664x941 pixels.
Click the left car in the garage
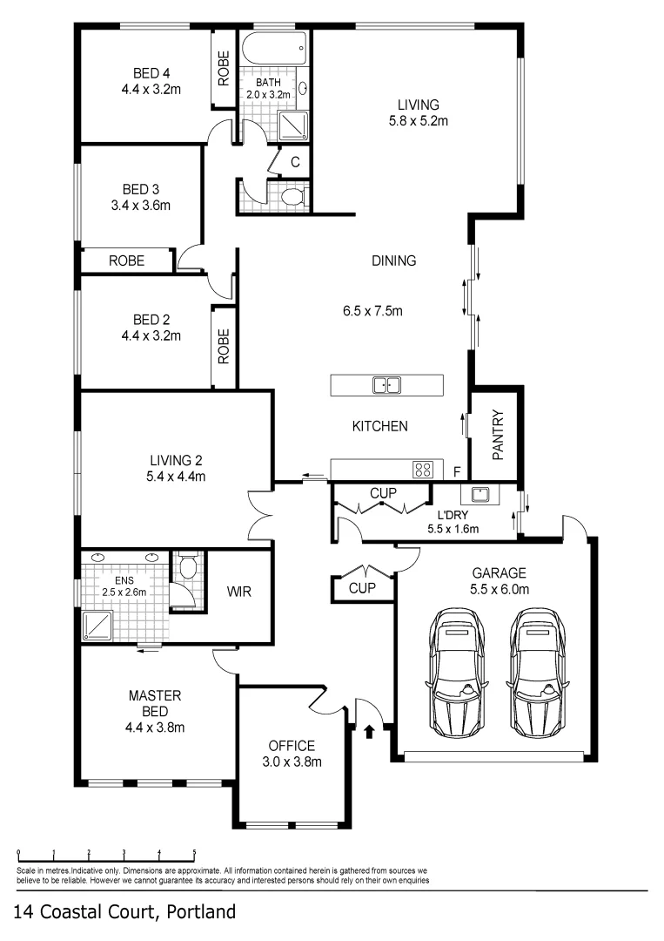click(x=458, y=673)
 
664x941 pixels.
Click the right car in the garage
click(x=534, y=673)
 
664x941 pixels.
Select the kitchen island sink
click(x=386, y=385)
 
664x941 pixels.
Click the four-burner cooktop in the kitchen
click(x=424, y=470)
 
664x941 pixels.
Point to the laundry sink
click(x=480, y=496)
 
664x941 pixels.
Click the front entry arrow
click(x=369, y=731)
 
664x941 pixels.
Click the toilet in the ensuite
click(x=186, y=571)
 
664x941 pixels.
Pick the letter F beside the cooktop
click(x=457, y=472)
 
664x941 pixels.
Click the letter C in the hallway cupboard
click(x=295, y=161)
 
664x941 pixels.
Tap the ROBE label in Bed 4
click(x=225, y=69)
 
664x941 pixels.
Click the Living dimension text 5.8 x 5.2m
click(x=418, y=121)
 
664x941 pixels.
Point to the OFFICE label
click(x=292, y=746)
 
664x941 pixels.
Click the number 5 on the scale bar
click(x=194, y=854)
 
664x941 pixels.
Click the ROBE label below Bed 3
click(x=126, y=260)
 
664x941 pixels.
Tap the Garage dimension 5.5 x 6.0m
click(x=500, y=589)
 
